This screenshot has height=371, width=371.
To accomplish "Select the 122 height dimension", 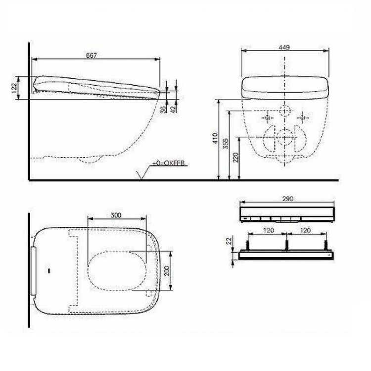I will click(15, 88).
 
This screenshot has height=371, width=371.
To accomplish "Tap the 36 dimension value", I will click(163, 109).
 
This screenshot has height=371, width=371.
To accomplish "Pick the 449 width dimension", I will click(284, 47).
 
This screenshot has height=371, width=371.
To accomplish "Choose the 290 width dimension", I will click(287, 199).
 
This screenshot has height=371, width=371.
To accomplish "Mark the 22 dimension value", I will click(229, 241).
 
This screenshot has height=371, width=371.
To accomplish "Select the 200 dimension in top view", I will click(167, 270).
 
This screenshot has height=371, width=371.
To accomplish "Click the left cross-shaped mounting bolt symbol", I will click(268, 118).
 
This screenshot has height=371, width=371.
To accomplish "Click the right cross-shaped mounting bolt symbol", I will click(302, 118).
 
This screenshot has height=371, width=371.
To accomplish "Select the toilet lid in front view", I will click(285, 88).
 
